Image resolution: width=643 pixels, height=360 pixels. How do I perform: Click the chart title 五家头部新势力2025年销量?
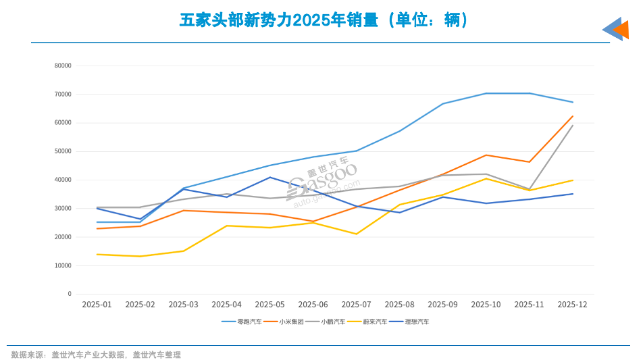(324, 20)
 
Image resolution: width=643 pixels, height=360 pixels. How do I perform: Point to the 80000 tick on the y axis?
(63, 66)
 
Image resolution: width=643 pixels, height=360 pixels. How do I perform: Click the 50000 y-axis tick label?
(63, 151)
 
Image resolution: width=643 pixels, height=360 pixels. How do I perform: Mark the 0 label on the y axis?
(69, 294)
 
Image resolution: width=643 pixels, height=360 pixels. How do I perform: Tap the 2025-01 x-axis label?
(97, 305)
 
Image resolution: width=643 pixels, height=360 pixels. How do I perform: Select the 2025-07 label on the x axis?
(356, 305)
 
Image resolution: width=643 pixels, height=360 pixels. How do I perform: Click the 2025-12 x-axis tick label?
(572, 305)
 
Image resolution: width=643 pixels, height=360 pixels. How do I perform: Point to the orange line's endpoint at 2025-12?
(573, 116)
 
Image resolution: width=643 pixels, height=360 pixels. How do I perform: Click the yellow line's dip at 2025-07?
(356, 234)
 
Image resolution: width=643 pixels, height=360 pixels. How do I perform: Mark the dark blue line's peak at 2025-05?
(270, 178)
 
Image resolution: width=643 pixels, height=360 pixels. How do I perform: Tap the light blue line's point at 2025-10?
(486, 93)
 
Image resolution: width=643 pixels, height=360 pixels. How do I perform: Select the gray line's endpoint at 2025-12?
(573, 126)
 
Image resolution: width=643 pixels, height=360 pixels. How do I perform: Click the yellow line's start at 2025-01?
(97, 254)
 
